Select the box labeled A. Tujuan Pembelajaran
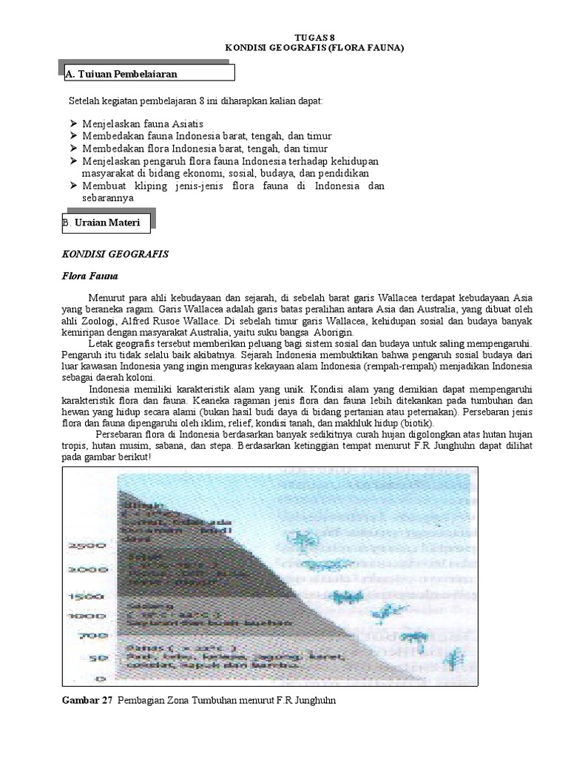click(x=146, y=73)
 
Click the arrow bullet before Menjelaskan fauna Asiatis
click(x=72, y=124)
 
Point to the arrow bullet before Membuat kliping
click(x=72, y=186)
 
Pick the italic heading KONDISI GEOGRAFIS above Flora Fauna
click(x=114, y=254)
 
